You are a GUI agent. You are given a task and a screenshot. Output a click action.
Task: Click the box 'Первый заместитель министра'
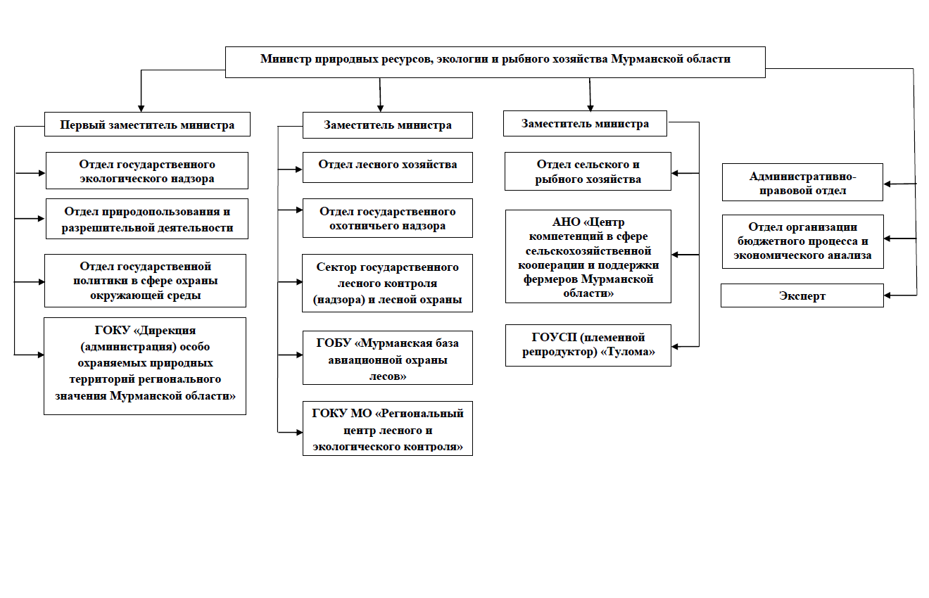(x=147, y=124)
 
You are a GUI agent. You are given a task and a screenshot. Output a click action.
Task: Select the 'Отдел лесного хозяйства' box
(x=387, y=167)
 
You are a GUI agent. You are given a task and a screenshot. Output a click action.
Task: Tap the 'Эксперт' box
(x=802, y=295)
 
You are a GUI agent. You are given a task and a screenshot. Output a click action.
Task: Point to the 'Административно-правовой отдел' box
(x=802, y=182)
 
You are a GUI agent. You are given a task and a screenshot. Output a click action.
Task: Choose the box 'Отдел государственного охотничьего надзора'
(x=387, y=218)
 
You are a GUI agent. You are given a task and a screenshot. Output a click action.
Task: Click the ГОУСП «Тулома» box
(x=588, y=345)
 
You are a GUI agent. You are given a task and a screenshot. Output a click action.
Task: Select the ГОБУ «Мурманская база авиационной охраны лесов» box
(x=387, y=357)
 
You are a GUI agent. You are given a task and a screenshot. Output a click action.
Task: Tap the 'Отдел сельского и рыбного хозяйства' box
(x=588, y=171)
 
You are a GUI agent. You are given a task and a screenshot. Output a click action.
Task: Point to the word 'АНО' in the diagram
(x=566, y=222)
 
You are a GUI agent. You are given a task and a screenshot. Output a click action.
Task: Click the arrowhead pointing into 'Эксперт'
(x=887, y=295)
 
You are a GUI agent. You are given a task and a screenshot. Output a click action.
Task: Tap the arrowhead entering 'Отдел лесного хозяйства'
(x=299, y=169)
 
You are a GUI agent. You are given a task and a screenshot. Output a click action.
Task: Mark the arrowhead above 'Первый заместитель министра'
(x=141, y=108)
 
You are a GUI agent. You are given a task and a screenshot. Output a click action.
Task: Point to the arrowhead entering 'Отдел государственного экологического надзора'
(x=42, y=173)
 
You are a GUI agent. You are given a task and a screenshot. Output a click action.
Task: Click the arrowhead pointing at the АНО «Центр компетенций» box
(x=675, y=255)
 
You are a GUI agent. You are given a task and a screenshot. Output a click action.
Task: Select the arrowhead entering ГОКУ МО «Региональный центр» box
(x=299, y=433)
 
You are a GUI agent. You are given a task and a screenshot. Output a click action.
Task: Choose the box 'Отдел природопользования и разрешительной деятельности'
(x=147, y=219)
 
